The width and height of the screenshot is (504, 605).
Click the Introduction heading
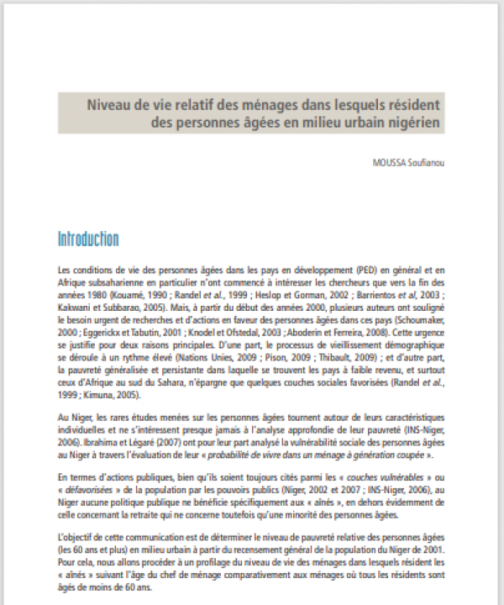pyautogui.click(x=88, y=239)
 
